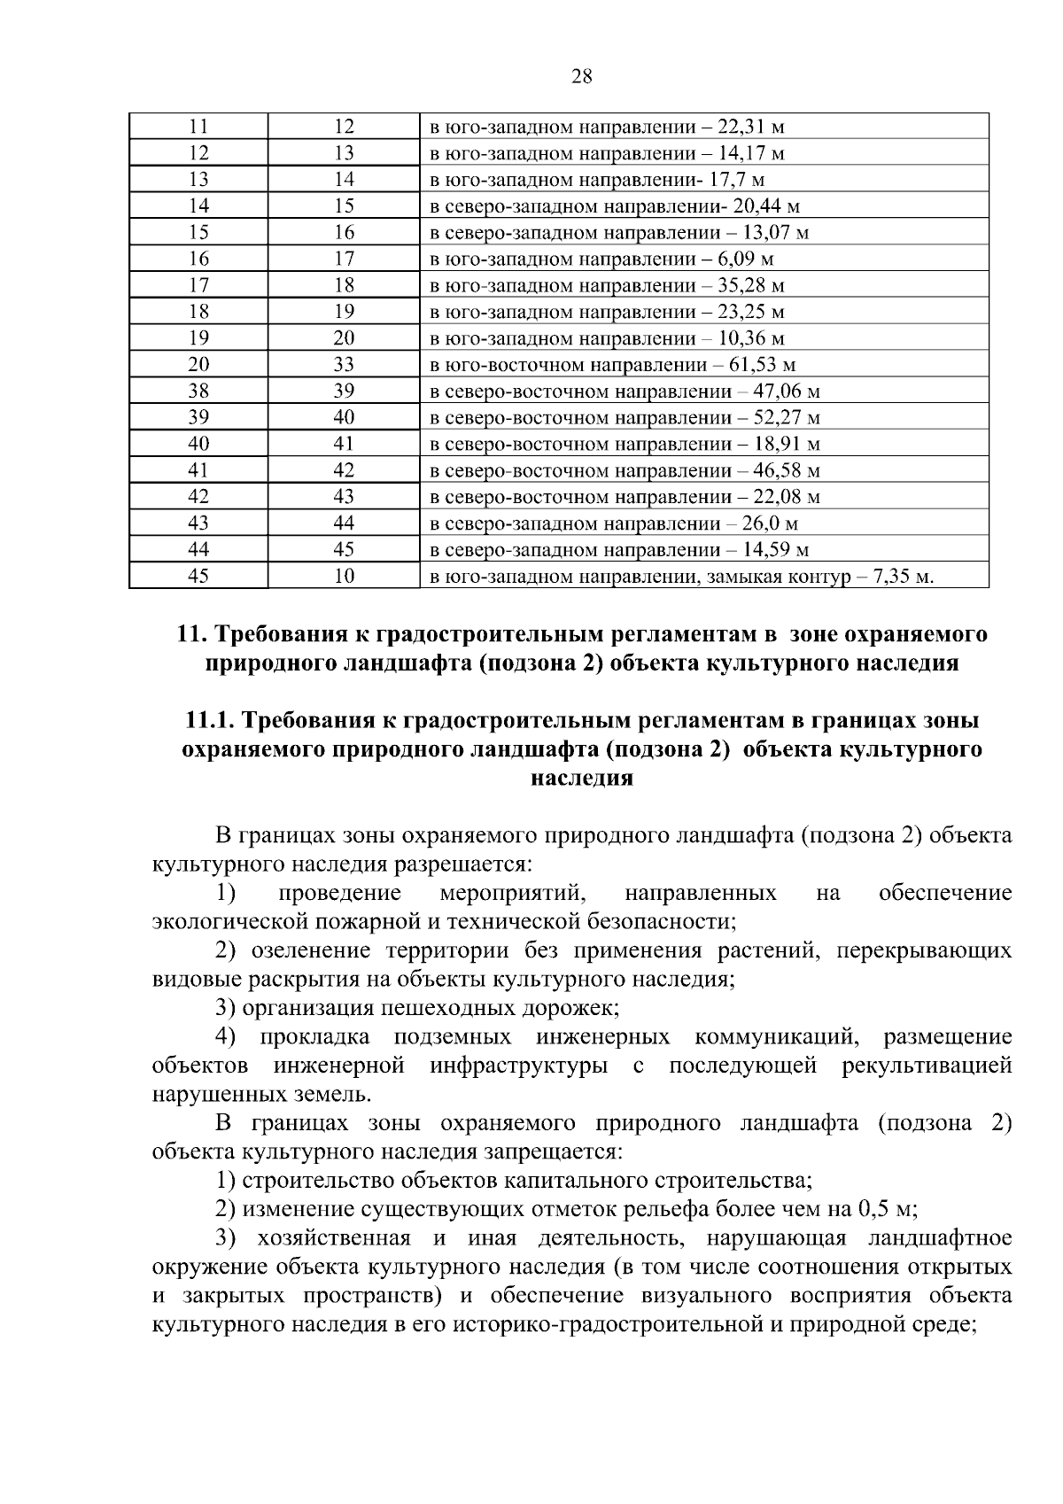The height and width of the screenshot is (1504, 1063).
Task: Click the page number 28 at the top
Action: (x=581, y=76)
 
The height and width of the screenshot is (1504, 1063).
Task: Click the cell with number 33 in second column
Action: (x=344, y=365)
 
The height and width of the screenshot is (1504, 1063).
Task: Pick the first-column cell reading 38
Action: (x=198, y=392)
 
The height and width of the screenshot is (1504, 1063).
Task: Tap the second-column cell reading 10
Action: (x=344, y=577)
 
